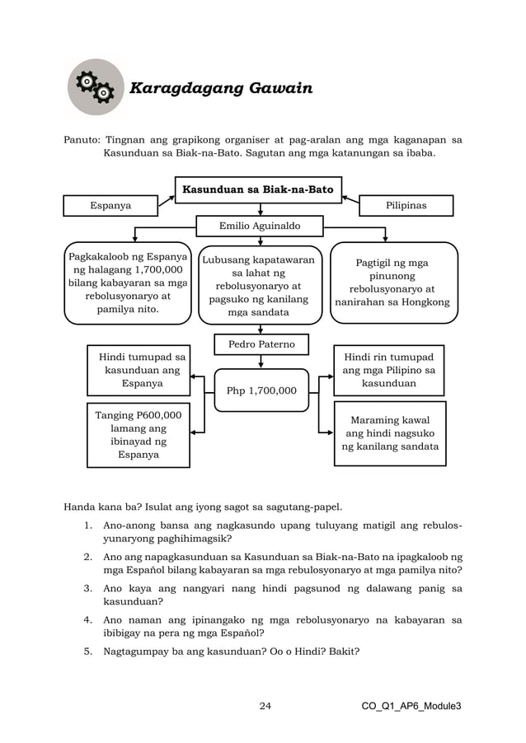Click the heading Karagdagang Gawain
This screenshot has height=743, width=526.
218,88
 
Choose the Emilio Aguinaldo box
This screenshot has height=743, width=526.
260,225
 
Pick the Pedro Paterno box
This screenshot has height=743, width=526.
261,343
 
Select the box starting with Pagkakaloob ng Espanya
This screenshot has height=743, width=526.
128,283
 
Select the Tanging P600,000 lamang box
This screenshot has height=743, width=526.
138,435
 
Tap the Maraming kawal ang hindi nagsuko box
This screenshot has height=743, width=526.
390,433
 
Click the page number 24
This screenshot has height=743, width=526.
265,706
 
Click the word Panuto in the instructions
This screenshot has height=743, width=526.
82,139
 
